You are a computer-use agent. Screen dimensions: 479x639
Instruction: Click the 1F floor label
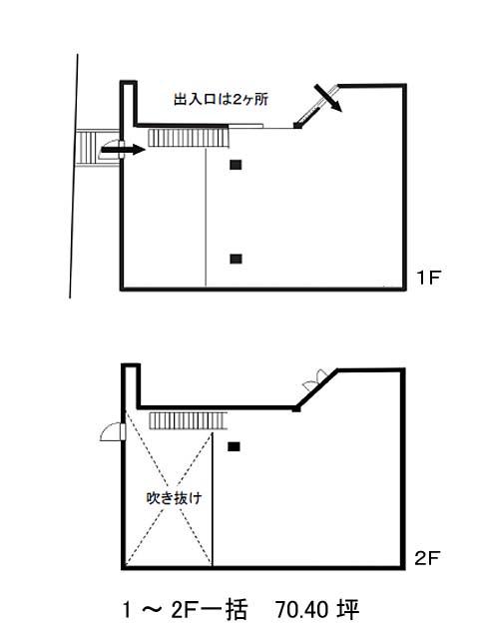[x=428, y=278]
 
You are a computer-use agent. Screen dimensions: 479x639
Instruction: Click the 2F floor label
[x=427, y=558]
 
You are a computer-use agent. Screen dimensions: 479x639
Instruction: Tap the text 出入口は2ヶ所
[x=222, y=99]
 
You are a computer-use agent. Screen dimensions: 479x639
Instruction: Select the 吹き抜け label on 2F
[x=174, y=498]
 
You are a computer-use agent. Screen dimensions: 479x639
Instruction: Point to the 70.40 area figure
[x=301, y=610]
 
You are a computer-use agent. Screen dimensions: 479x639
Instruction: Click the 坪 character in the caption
[x=348, y=610]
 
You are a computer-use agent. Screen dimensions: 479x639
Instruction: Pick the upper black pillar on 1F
[x=236, y=165]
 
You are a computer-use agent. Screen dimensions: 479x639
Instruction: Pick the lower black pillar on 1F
[x=236, y=259]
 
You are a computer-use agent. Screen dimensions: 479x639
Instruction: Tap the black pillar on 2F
[x=234, y=446]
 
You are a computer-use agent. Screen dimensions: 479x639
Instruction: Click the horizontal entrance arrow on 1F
[x=123, y=150]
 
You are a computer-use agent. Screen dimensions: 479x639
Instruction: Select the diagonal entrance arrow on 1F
[x=328, y=98]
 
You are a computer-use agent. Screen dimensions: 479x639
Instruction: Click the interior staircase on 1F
[x=189, y=138]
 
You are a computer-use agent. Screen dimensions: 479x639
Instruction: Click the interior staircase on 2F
[x=189, y=420]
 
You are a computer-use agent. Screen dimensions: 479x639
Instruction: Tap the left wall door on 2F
[x=113, y=432]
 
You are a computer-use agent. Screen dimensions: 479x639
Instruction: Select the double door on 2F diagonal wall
[x=316, y=379]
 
